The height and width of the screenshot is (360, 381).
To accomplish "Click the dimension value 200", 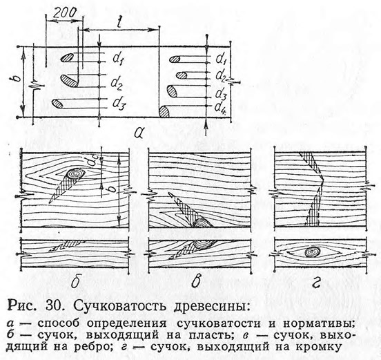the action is [x=64, y=14].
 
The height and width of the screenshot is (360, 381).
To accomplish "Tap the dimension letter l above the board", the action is [x=119, y=21].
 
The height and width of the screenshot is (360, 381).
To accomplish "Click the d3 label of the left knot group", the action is [x=119, y=104].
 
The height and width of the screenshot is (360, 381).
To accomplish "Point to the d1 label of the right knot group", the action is [x=222, y=59].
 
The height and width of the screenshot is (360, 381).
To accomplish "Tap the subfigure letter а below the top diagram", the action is [x=137, y=133].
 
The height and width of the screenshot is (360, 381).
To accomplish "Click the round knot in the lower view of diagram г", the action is [x=311, y=252].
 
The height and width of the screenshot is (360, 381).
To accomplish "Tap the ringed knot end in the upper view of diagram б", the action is [x=75, y=173].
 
